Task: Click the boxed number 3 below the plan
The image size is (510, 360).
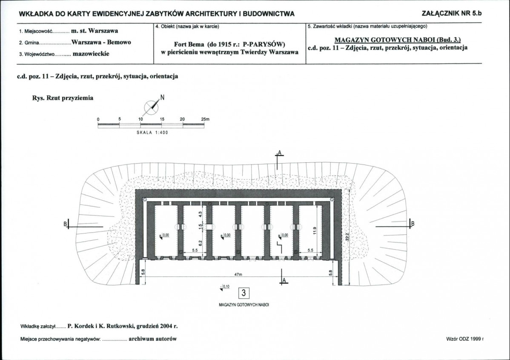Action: (x=244, y=293)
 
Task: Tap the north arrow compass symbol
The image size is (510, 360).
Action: (x=151, y=107)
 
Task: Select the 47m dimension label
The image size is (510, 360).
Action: (x=238, y=274)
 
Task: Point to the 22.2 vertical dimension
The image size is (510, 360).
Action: (x=347, y=236)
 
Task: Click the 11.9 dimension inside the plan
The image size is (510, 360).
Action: (x=315, y=230)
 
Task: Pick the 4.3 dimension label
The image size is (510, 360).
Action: (x=201, y=214)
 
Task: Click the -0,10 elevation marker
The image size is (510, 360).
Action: (x=225, y=287)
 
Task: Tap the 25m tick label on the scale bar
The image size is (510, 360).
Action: (x=205, y=119)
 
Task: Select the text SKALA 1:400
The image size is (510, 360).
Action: (x=152, y=132)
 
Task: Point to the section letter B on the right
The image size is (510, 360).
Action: (x=413, y=224)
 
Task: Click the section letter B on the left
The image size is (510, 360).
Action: (x=65, y=224)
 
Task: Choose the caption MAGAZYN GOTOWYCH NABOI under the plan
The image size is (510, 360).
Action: (x=244, y=305)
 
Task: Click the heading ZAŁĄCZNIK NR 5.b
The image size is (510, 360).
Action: (x=451, y=13)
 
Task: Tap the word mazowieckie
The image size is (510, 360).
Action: (x=91, y=54)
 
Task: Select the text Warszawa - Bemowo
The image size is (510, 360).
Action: (x=101, y=42)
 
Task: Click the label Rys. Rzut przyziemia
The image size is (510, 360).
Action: (x=63, y=98)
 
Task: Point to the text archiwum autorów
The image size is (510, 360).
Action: (x=152, y=339)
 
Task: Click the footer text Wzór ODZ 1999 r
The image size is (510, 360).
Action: (x=465, y=339)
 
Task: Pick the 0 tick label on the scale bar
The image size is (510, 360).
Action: (x=98, y=119)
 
